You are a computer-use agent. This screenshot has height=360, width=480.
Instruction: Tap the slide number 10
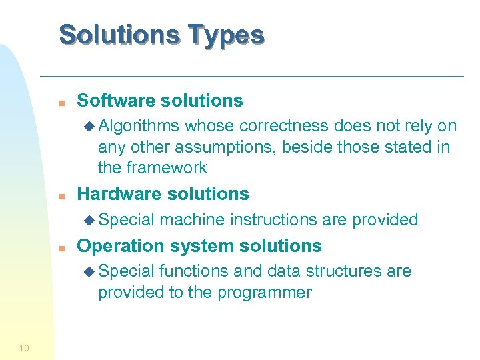[24, 347]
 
